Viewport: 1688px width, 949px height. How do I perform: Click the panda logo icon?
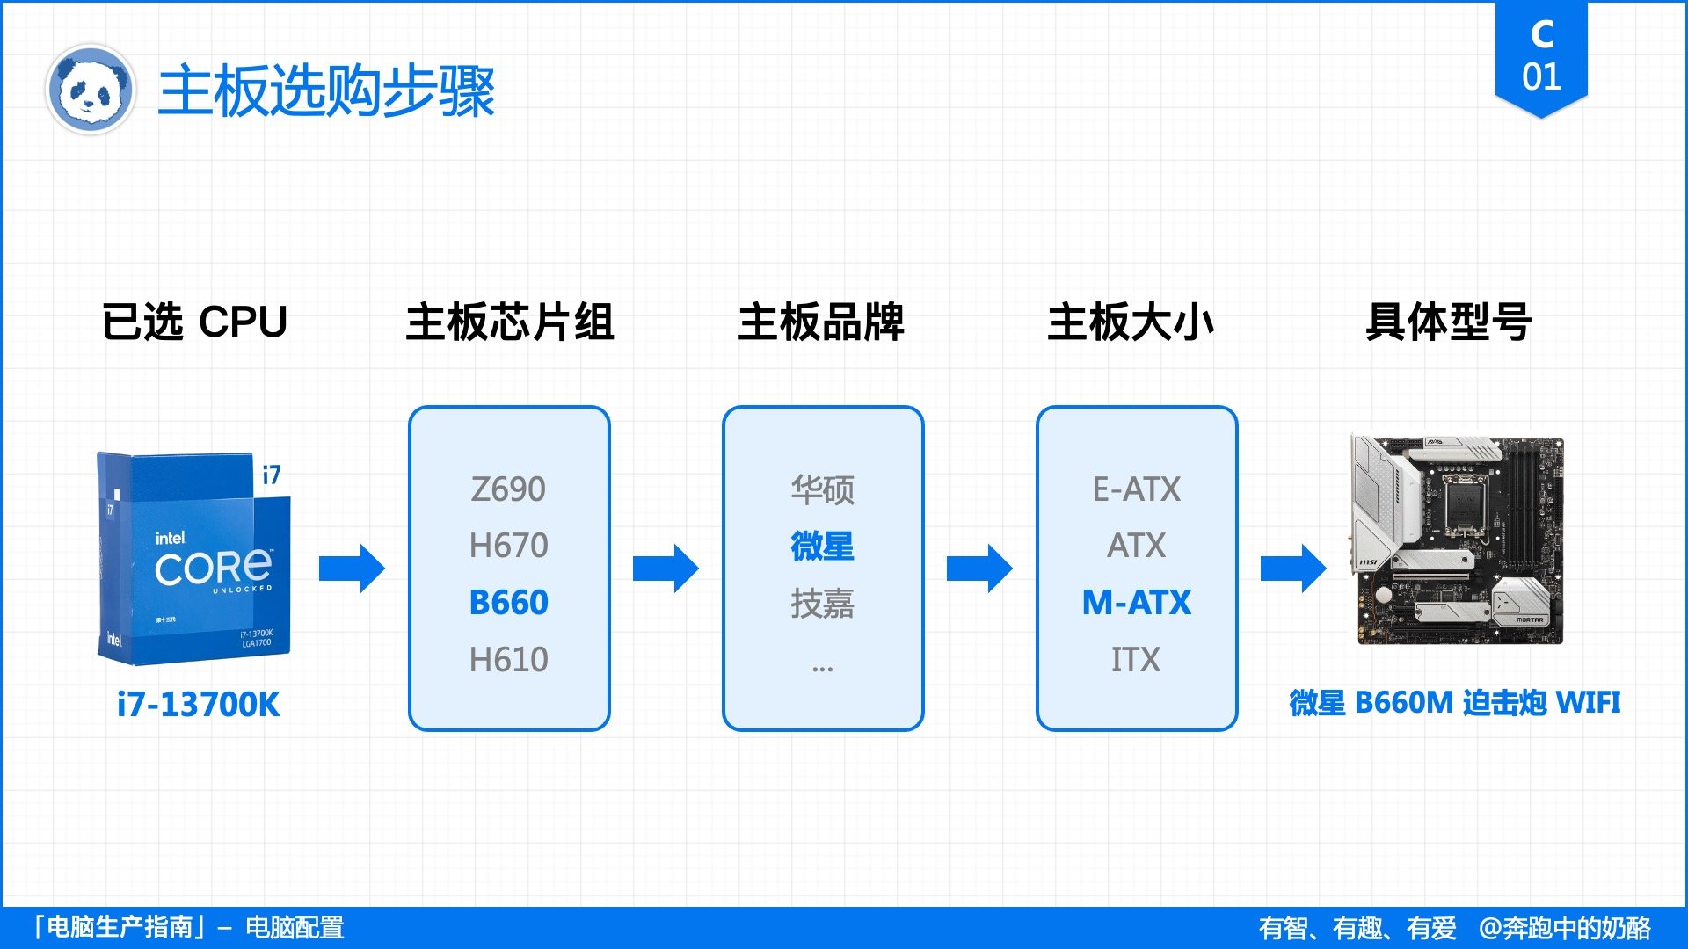click(x=91, y=90)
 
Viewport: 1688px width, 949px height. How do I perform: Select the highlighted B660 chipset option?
click(x=508, y=603)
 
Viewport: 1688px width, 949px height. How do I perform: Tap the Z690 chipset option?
click(x=508, y=489)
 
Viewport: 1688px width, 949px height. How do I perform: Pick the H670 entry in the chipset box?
click(x=508, y=546)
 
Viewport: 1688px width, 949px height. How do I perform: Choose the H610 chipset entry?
click(x=508, y=660)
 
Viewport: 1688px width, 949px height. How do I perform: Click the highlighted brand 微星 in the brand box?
click(x=822, y=546)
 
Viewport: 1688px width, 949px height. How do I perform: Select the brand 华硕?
click(x=822, y=489)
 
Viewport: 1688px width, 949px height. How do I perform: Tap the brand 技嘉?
click(x=822, y=604)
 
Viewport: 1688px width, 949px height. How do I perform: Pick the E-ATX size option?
click(x=1136, y=489)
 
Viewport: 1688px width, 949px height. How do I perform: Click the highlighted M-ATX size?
click(x=1136, y=603)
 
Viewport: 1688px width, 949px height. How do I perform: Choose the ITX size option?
click(x=1136, y=660)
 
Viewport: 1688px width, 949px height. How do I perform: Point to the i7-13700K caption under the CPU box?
click(x=198, y=705)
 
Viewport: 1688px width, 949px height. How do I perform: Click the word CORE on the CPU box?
click(x=213, y=569)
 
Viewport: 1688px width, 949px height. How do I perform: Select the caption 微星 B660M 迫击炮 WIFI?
click(x=1454, y=703)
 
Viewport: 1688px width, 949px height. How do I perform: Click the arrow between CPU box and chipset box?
click(x=352, y=569)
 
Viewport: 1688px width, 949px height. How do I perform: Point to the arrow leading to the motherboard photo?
click(x=1293, y=569)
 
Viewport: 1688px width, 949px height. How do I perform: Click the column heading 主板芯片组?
click(x=509, y=322)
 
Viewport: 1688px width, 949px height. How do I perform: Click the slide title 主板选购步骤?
click(x=326, y=91)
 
